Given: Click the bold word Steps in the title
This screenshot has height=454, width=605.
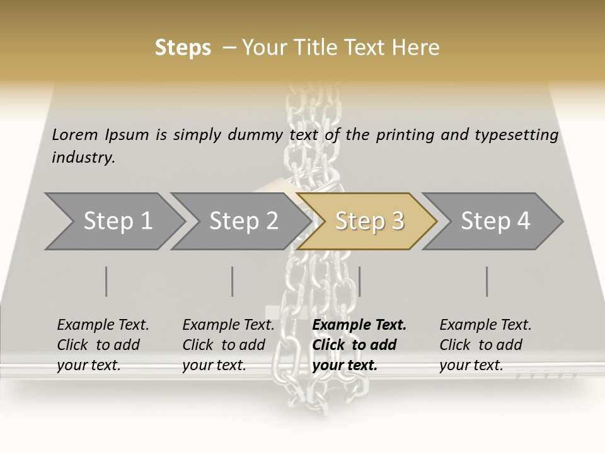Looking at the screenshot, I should click(x=183, y=48).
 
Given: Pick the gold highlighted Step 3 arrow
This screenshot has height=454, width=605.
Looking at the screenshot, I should click(x=369, y=221).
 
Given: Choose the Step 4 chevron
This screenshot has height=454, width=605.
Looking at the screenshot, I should click(x=495, y=221).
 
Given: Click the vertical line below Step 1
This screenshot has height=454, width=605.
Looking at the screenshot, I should click(x=107, y=281).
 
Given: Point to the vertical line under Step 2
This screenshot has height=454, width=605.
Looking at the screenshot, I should click(x=233, y=281).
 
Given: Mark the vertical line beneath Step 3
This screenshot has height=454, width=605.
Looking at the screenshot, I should click(x=360, y=281).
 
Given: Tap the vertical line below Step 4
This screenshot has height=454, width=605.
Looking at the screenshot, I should click(x=487, y=281).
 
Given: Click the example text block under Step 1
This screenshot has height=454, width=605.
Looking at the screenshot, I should click(x=103, y=345).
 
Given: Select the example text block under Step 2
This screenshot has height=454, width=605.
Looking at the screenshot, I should click(x=228, y=345).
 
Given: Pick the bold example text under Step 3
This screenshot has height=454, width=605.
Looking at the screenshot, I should click(x=359, y=345).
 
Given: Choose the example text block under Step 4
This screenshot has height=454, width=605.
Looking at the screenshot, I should click(x=485, y=345).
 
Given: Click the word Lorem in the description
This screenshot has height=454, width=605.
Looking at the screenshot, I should click(x=75, y=134).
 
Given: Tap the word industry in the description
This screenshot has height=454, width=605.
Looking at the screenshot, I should click(x=83, y=158).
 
